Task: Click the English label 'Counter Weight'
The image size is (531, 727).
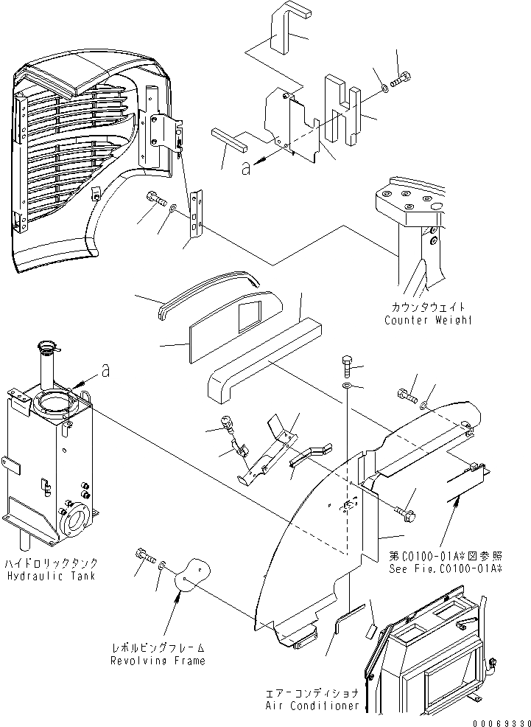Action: (x=427, y=319)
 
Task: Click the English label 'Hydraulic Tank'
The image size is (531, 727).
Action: (x=50, y=575)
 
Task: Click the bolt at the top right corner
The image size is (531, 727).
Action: (x=402, y=79)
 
